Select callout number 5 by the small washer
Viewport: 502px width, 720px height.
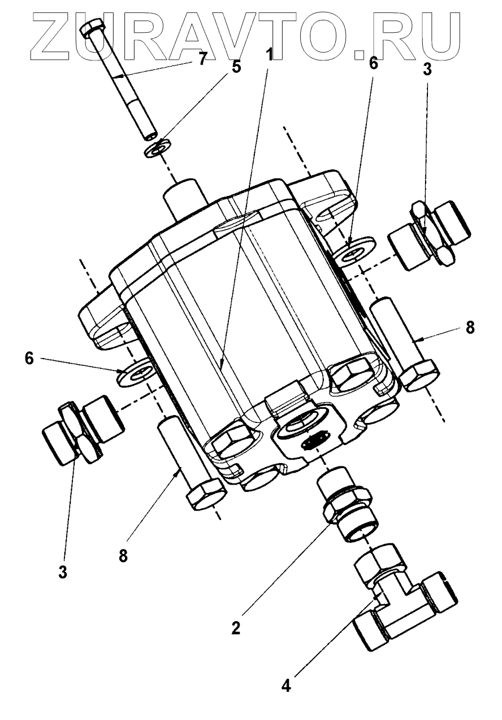tap(236, 67)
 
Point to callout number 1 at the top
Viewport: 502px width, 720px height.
tap(269, 55)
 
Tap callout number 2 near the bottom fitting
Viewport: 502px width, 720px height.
tap(236, 627)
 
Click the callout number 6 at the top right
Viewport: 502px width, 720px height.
tap(373, 63)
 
